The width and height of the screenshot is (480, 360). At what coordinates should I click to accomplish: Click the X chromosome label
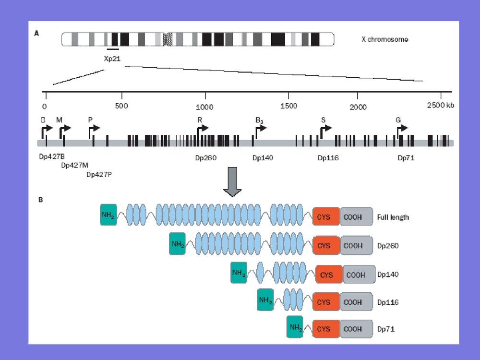384,39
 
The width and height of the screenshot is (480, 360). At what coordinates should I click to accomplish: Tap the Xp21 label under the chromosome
112,59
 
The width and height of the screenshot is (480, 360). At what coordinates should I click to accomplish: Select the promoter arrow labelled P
94,128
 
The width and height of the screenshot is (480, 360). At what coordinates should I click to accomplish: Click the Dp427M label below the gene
74,166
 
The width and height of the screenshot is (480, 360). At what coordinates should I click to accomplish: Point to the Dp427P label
99,174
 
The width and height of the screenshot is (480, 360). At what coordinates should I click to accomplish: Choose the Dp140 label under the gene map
263,157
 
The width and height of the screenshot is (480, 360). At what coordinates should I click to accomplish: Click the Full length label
393,217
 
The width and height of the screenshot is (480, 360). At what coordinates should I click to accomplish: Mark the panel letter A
37,33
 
